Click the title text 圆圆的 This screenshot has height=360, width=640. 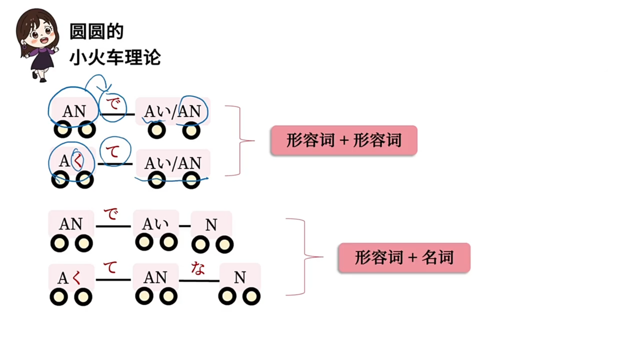coord(97,32)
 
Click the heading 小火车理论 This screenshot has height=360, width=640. coord(115,57)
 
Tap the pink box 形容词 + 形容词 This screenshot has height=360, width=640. coord(344,140)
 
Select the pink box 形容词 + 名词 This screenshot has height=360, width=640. coord(404,258)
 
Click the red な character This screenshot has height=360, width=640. coord(198,268)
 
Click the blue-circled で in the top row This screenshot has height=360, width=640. coord(113,103)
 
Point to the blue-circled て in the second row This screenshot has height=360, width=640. coord(113,152)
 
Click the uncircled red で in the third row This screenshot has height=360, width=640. coord(111,214)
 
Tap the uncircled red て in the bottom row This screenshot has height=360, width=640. coord(110,267)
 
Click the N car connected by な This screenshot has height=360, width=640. coord(240,277)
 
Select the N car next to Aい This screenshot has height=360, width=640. coord(211,225)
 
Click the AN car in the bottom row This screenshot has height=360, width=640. coord(155,277)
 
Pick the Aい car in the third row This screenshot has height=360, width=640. coord(155,224)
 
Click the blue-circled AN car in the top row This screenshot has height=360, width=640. coord(74,111)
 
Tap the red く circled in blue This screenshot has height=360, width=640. coord(78,161)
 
